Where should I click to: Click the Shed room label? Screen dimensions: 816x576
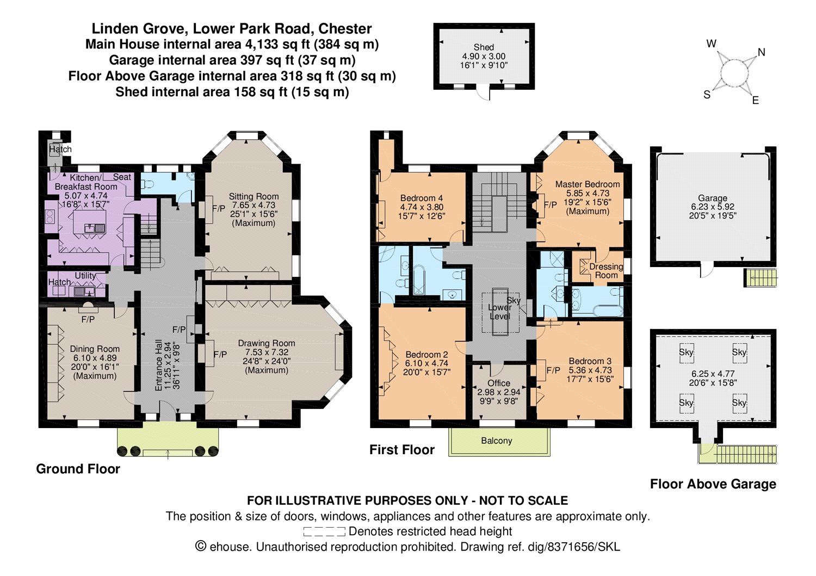click(x=484, y=47)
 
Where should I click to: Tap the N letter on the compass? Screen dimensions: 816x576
click(x=762, y=52)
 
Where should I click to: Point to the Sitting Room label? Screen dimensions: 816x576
click(x=254, y=196)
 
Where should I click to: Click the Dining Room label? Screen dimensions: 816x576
click(x=95, y=349)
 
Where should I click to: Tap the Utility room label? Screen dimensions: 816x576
click(x=85, y=276)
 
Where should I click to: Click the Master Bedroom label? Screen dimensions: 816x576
click(x=587, y=184)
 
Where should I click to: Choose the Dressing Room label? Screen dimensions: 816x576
click(x=606, y=271)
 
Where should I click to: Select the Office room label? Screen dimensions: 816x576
click(x=499, y=383)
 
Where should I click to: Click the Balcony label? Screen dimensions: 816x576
click(x=497, y=441)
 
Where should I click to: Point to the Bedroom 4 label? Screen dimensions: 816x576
click(x=422, y=198)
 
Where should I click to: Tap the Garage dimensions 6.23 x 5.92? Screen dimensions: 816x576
click(x=713, y=207)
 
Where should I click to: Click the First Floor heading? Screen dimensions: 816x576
click(x=402, y=450)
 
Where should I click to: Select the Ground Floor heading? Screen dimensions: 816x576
click(x=78, y=469)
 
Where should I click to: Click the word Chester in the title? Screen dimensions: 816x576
click(x=345, y=29)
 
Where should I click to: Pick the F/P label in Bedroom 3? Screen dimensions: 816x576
click(x=553, y=370)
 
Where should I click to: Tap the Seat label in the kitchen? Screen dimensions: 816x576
click(x=122, y=177)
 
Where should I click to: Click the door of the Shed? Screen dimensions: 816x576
click(x=484, y=92)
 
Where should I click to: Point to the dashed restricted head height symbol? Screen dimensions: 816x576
click(x=324, y=531)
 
